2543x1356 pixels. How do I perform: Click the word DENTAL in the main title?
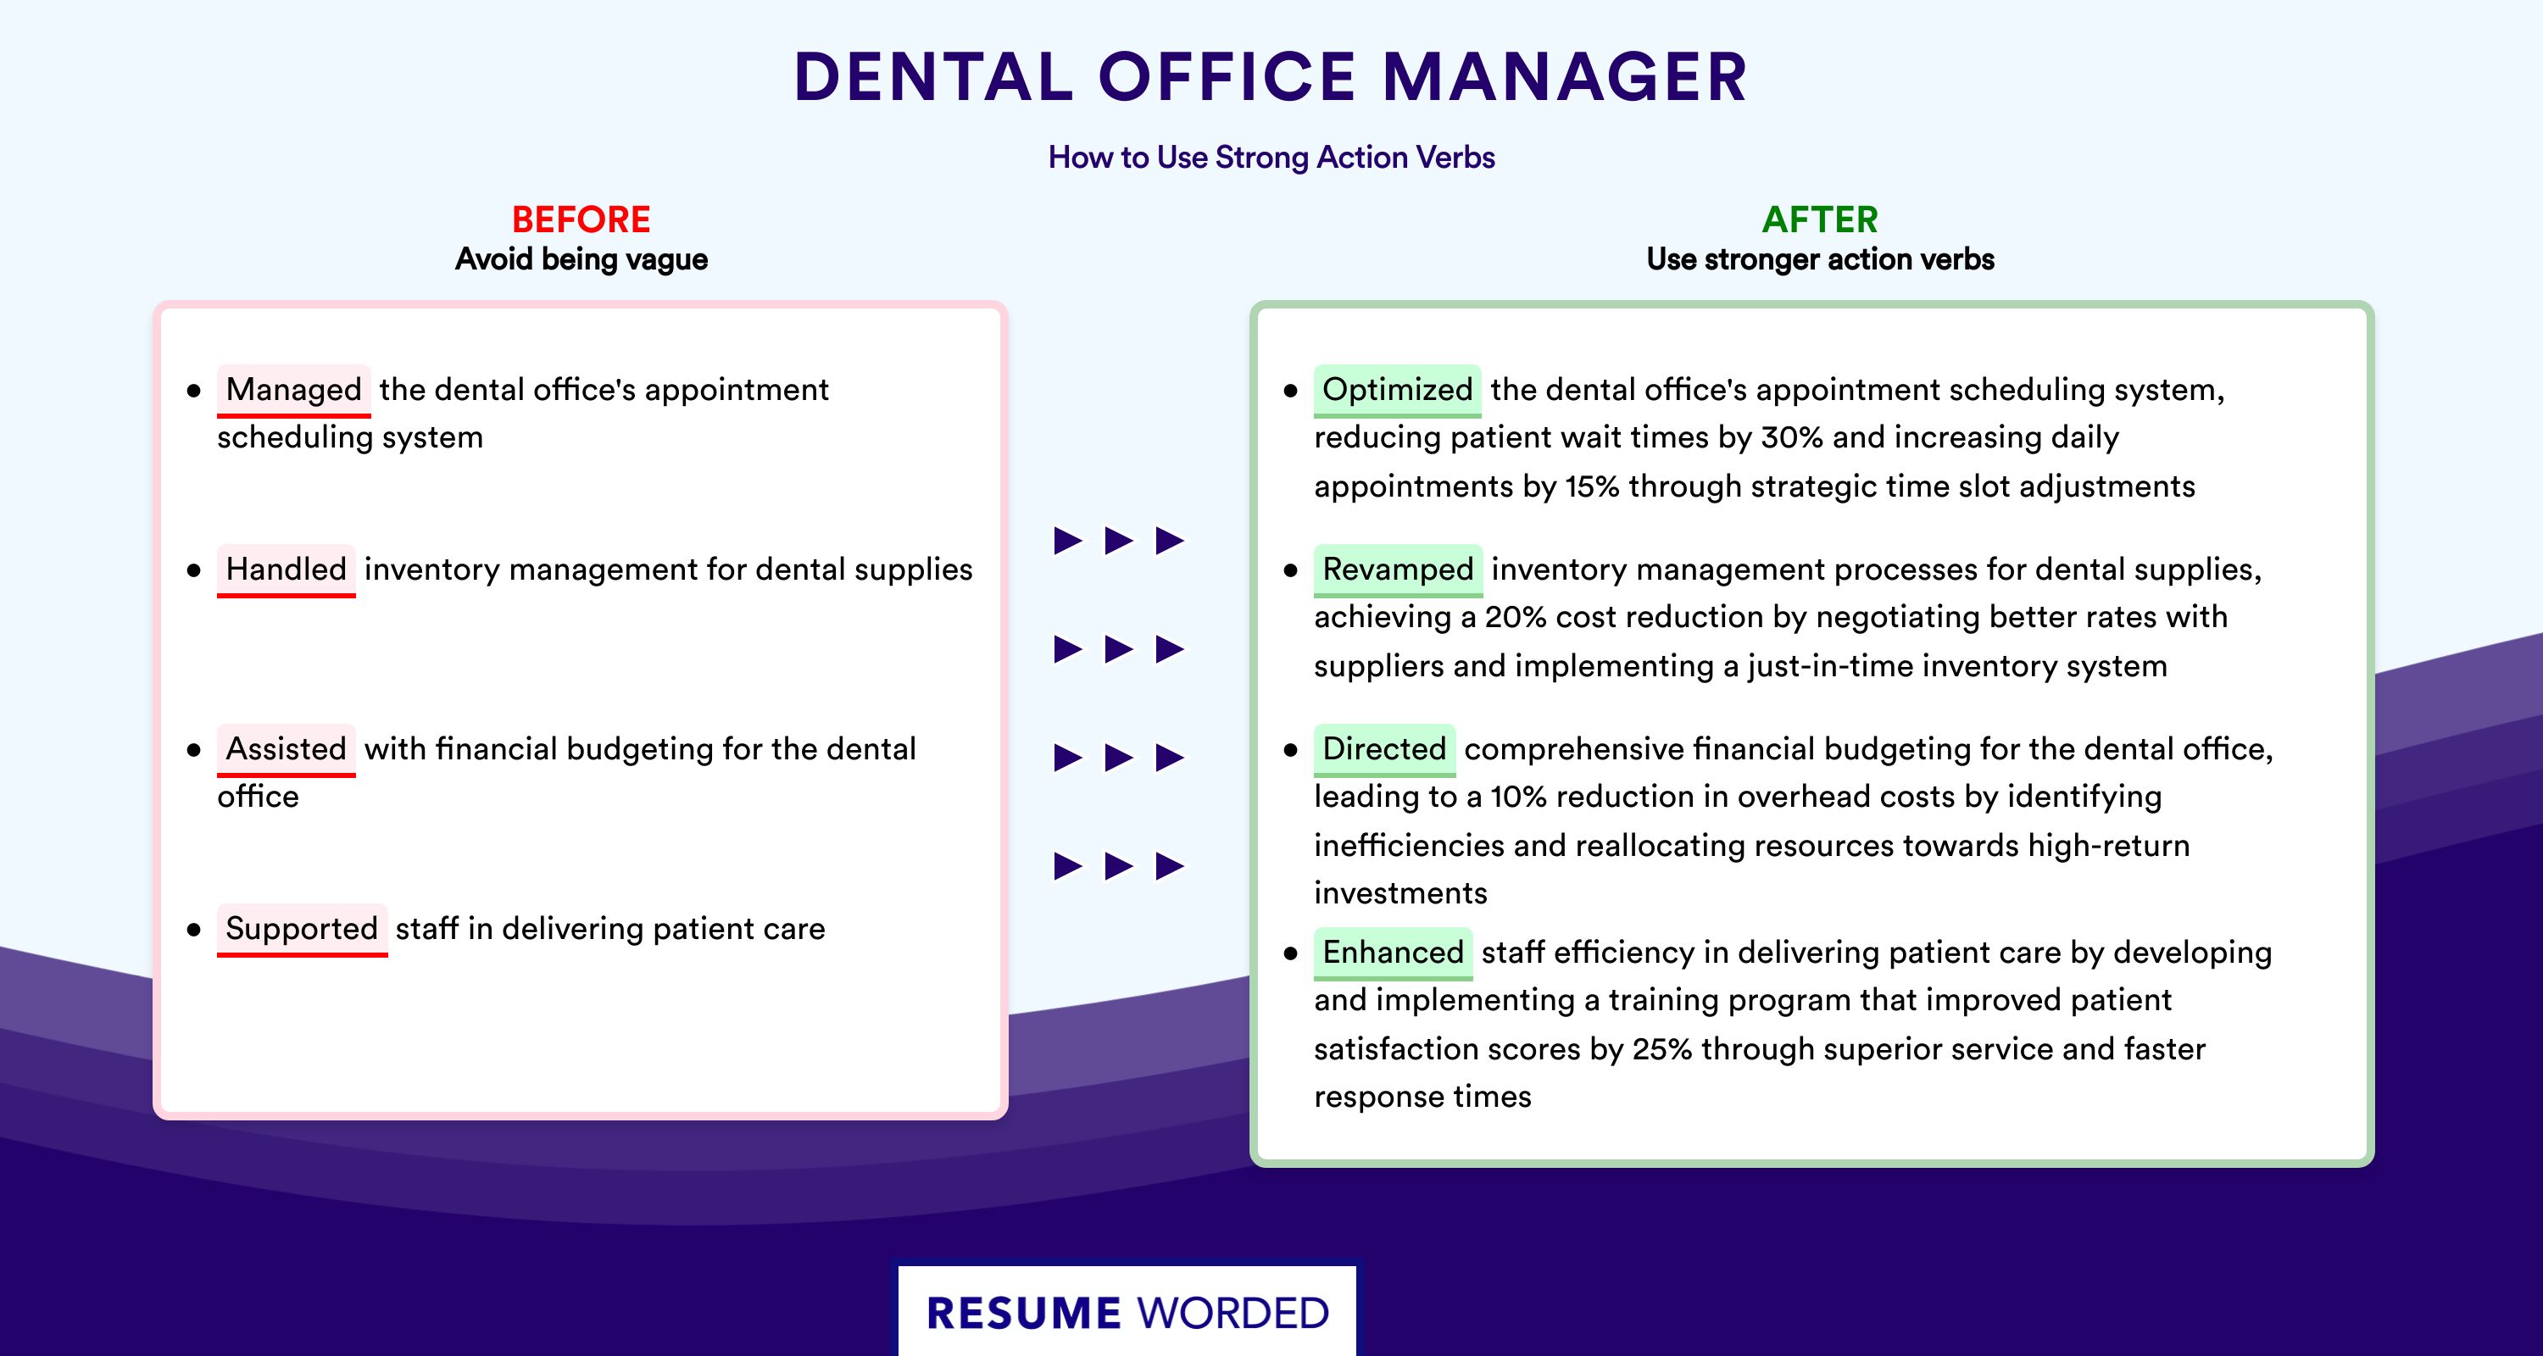(934, 77)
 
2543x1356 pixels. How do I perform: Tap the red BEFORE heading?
(581, 220)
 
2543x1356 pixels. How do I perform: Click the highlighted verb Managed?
(294, 390)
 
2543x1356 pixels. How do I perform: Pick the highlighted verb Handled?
(287, 570)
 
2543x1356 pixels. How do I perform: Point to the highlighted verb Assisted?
(287, 749)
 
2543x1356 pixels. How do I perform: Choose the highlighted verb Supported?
(302, 929)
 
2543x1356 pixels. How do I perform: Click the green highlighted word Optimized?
(1398, 390)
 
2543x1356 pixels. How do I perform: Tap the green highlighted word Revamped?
(1398, 570)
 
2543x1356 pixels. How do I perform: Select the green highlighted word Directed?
(1384, 749)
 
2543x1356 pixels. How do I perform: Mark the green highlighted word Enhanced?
(1393, 953)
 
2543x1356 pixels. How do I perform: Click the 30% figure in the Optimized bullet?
(1792, 437)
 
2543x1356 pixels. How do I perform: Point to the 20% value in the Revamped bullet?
(1516, 617)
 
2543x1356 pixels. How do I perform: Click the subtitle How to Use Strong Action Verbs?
(1271, 157)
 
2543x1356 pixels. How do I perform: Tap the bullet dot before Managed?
(193, 391)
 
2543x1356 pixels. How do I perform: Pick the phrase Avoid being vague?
(581, 259)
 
